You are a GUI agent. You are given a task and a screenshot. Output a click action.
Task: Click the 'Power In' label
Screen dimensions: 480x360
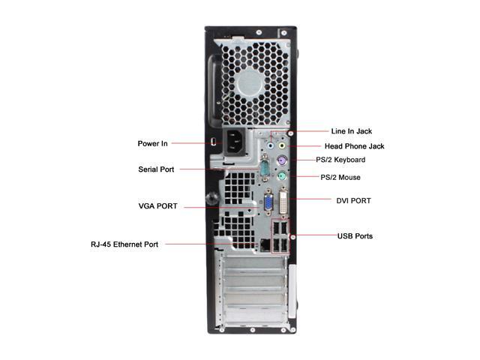pyautogui.click(x=152, y=143)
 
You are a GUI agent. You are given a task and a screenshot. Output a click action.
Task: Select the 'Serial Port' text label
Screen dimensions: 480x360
pyautogui.click(x=156, y=169)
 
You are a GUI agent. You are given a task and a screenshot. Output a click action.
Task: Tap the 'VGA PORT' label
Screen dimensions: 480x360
pyautogui.click(x=157, y=206)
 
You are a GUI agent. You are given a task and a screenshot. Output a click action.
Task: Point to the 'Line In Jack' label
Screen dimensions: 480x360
pyautogui.click(x=352, y=131)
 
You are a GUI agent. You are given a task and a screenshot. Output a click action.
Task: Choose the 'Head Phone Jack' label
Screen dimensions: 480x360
pyautogui.click(x=354, y=146)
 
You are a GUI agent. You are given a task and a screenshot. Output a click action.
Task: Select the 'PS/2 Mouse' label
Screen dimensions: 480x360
pyautogui.click(x=340, y=178)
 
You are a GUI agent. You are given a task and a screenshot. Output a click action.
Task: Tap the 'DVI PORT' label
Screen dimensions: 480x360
pyautogui.click(x=353, y=201)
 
